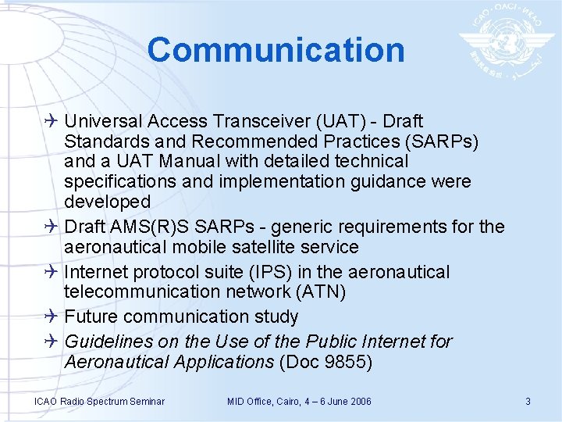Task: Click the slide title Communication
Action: click(x=276, y=50)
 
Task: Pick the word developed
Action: click(x=107, y=202)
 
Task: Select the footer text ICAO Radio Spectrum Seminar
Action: click(x=99, y=402)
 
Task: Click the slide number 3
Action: click(x=528, y=402)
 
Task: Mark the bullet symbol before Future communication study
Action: click(x=52, y=316)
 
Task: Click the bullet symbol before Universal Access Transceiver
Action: click(x=52, y=121)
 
